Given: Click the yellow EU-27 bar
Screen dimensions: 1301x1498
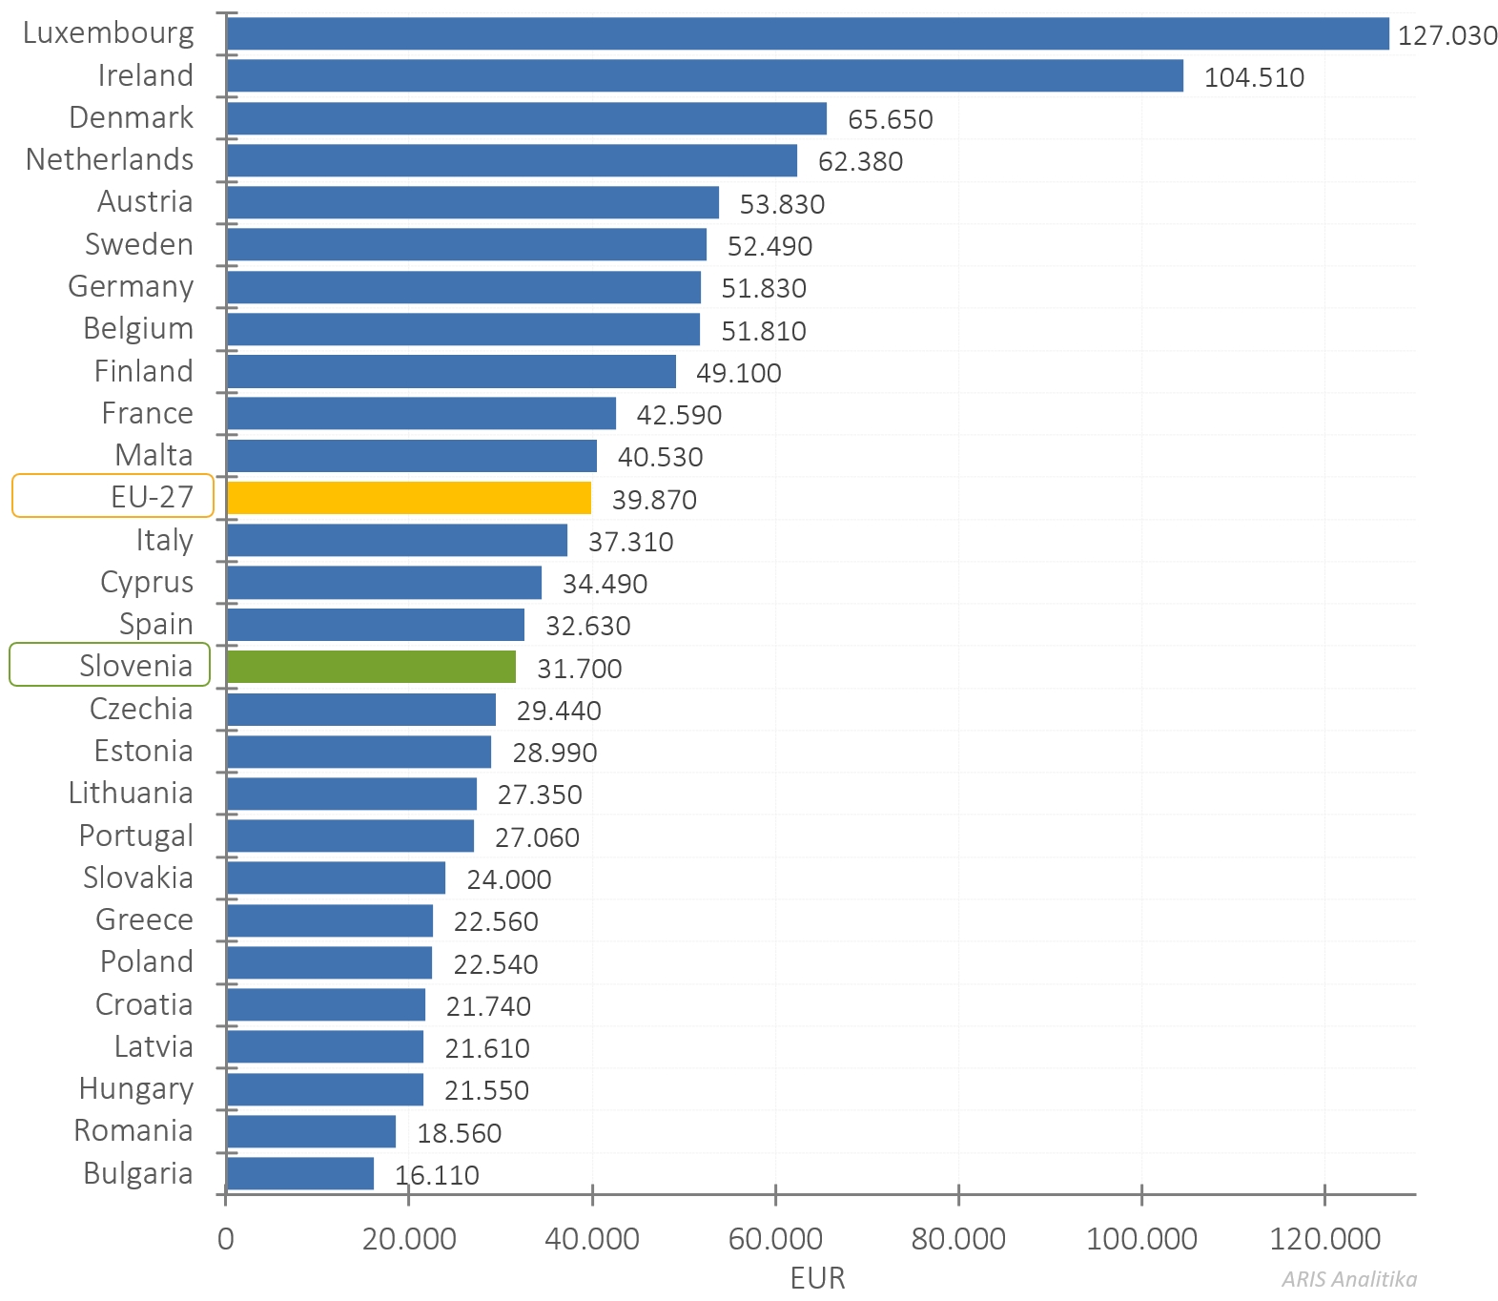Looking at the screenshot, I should pyautogui.click(x=408, y=498).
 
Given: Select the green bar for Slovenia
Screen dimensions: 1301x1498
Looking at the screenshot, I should pyautogui.click(x=371, y=667).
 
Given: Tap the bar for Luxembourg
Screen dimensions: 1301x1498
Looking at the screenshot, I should pyautogui.click(x=807, y=33).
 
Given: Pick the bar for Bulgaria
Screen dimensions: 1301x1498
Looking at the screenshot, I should pyautogui.click(x=299, y=1173).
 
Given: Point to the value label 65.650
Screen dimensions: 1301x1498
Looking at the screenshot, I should pyautogui.click(x=890, y=119).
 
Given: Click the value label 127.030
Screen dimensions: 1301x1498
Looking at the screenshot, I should pyautogui.click(x=1447, y=35).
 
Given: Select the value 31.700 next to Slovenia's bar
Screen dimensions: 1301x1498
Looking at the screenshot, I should pyautogui.click(x=579, y=669).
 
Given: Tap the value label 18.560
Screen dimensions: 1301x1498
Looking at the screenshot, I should pyautogui.click(x=459, y=1133).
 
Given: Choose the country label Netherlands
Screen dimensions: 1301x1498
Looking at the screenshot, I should pyautogui.click(x=110, y=159).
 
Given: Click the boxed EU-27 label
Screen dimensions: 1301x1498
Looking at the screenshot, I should pyautogui.click(x=113, y=496).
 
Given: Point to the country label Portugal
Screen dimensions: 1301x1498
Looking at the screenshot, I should pyautogui.click(x=135, y=836).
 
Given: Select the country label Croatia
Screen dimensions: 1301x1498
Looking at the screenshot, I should pyautogui.click(x=144, y=1004).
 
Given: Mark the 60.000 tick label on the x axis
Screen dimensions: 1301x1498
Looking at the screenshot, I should pyautogui.click(x=774, y=1239).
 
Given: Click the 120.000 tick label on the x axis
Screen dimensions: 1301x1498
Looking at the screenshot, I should pyautogui.click(x=1324, y=1239).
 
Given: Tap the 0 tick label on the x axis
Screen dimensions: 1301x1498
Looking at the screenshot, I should pyautogui.click(x=225, y=1239).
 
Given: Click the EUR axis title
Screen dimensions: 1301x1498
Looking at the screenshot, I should pyautogui.click(x=817, y=1278).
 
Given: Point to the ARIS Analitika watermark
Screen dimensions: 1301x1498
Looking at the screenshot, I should pyautogui.click(x=1348, y=1279).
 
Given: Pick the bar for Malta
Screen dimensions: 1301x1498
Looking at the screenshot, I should pyautogui.click(x=411, y=456).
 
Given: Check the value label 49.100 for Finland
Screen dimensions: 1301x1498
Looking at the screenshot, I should pyautogui.click(x=738, y=373).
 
